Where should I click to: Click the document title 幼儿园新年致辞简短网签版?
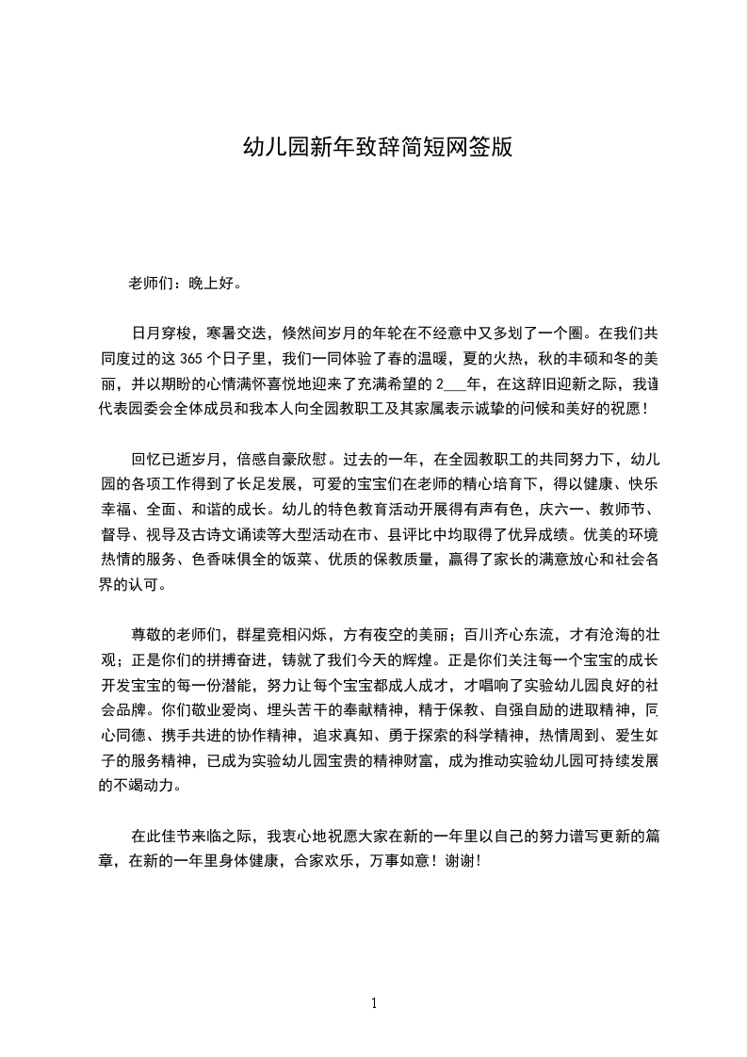pyautogui.click(x=378, y=147)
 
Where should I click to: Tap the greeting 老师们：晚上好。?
pyautogui.click(x=189, y=283)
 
